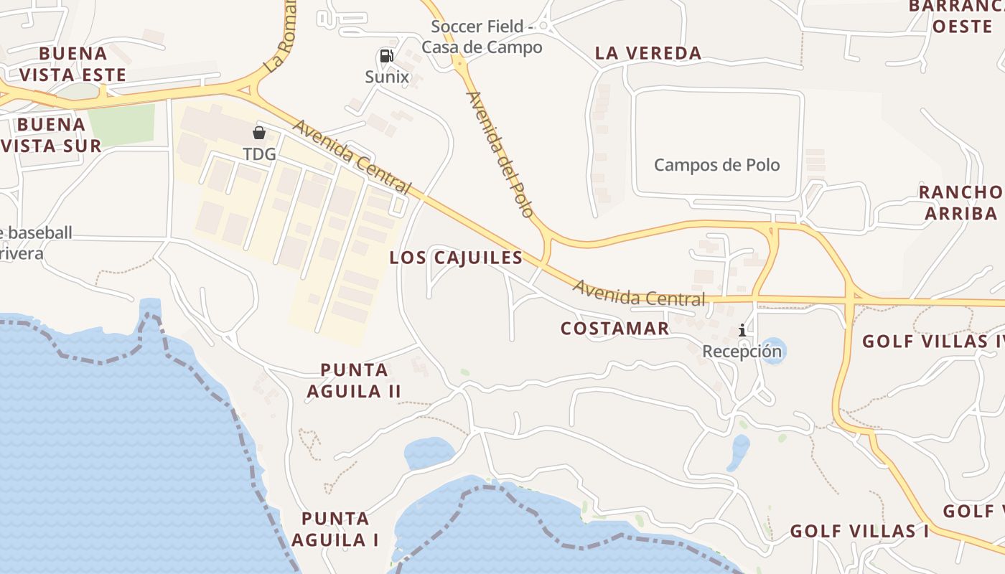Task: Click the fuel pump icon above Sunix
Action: point(387,56)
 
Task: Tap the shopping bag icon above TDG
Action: point(259,133)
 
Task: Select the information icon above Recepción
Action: point(742,330)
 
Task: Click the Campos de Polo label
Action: point(716,165)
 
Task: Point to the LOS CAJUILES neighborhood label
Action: point(456,258)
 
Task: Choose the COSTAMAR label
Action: point(614,329)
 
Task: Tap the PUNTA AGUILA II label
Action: point(354,380)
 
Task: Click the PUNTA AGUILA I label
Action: point(340,529)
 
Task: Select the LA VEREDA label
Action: point(648,53)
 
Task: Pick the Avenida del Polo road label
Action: point(500,154)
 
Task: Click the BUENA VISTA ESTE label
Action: point(73,64)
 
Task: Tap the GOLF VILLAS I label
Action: point(859,532)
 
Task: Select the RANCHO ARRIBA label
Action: point(961,202)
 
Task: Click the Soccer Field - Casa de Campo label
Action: point(482,37)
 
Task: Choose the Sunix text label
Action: point(387,77)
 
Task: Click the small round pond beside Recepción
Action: point(773,351)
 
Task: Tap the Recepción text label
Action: point(742,352)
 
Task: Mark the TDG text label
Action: point(259,154)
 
